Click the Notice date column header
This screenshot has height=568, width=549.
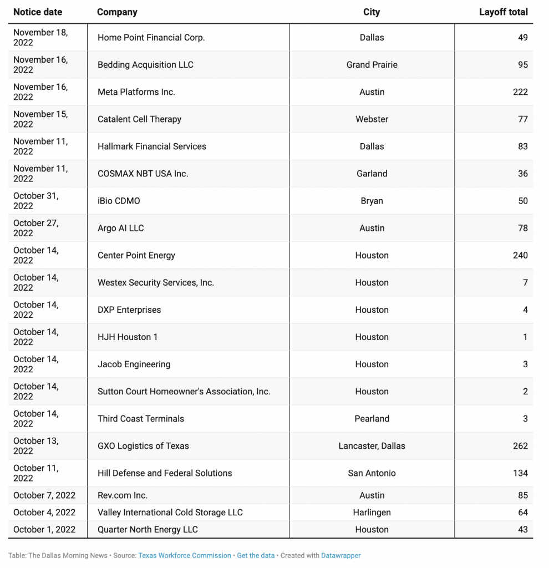(x=38, y=12)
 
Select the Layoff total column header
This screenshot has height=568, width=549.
(x=503, y=12)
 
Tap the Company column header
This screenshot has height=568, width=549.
(x=117, y=12)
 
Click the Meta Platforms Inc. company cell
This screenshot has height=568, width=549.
(x=136, y=92)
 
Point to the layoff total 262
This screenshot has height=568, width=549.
(x=520, y=446)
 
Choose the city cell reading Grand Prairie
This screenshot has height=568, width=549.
(x=372, y=65)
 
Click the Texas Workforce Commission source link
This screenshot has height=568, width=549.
(x=185, y=555)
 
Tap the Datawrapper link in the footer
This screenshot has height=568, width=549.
(x=337, y=555)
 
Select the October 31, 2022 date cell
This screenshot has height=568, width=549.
(x=35, y=201)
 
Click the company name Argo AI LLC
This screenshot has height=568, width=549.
(x=121, y=228)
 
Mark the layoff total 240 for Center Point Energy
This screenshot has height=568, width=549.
(x=520, y=255)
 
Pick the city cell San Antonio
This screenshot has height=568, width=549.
(x=372, y=473)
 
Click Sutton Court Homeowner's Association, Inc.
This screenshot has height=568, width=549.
(x=184, y=392)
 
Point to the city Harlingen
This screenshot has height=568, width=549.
(x=372, y=513)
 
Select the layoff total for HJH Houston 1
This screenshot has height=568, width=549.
(x=525, y=337)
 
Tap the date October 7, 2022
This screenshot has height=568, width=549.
(x=44, y=495)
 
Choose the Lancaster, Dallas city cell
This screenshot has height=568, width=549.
(x=372, y=446)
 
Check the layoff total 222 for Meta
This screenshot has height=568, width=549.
(x=520, y=92)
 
